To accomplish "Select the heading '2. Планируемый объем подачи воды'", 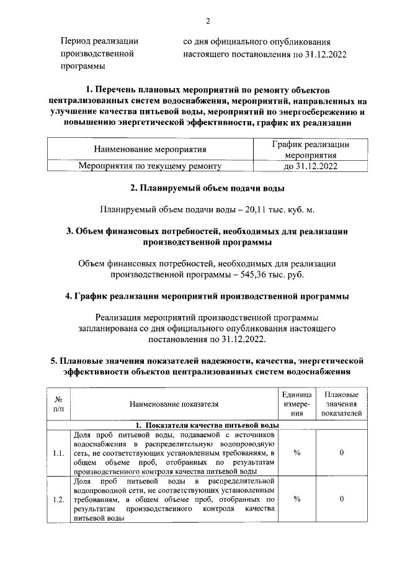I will [x=208, y=188].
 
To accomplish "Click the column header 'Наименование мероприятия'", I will [x=149, y=150].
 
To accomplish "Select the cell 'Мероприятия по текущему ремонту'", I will [x=149, y=166].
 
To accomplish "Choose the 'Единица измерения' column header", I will [x=297, y=404].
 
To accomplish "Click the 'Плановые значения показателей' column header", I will [x=342, y=404].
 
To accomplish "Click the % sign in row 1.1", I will [x=297, y=453].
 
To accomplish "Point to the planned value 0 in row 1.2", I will [x=342, y=499].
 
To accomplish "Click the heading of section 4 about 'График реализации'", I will [x=208, y=296].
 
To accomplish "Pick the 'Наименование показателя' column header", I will [x=174, y=404].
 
